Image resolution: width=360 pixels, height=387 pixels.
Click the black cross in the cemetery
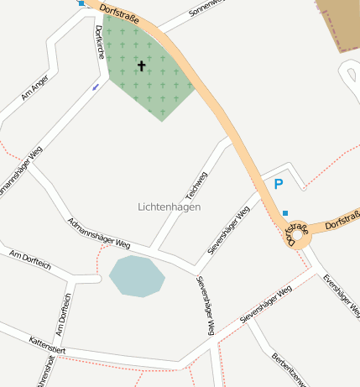click(141, 65)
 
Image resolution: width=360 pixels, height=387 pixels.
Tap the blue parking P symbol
click(279, 185)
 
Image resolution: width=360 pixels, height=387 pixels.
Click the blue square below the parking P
click(285, 212)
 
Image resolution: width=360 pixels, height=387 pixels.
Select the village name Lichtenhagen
click(169, 207)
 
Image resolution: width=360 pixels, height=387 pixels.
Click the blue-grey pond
click(136, 276)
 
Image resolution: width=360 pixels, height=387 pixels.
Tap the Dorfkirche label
click(99, 42)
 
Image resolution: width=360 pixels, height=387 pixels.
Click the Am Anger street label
click(35, 88)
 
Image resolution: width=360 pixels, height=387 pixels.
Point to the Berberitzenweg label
click(288, 369)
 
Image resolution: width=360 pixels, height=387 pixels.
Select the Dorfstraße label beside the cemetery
click(118, 13)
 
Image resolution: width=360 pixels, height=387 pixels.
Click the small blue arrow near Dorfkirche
click(96, 86)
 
